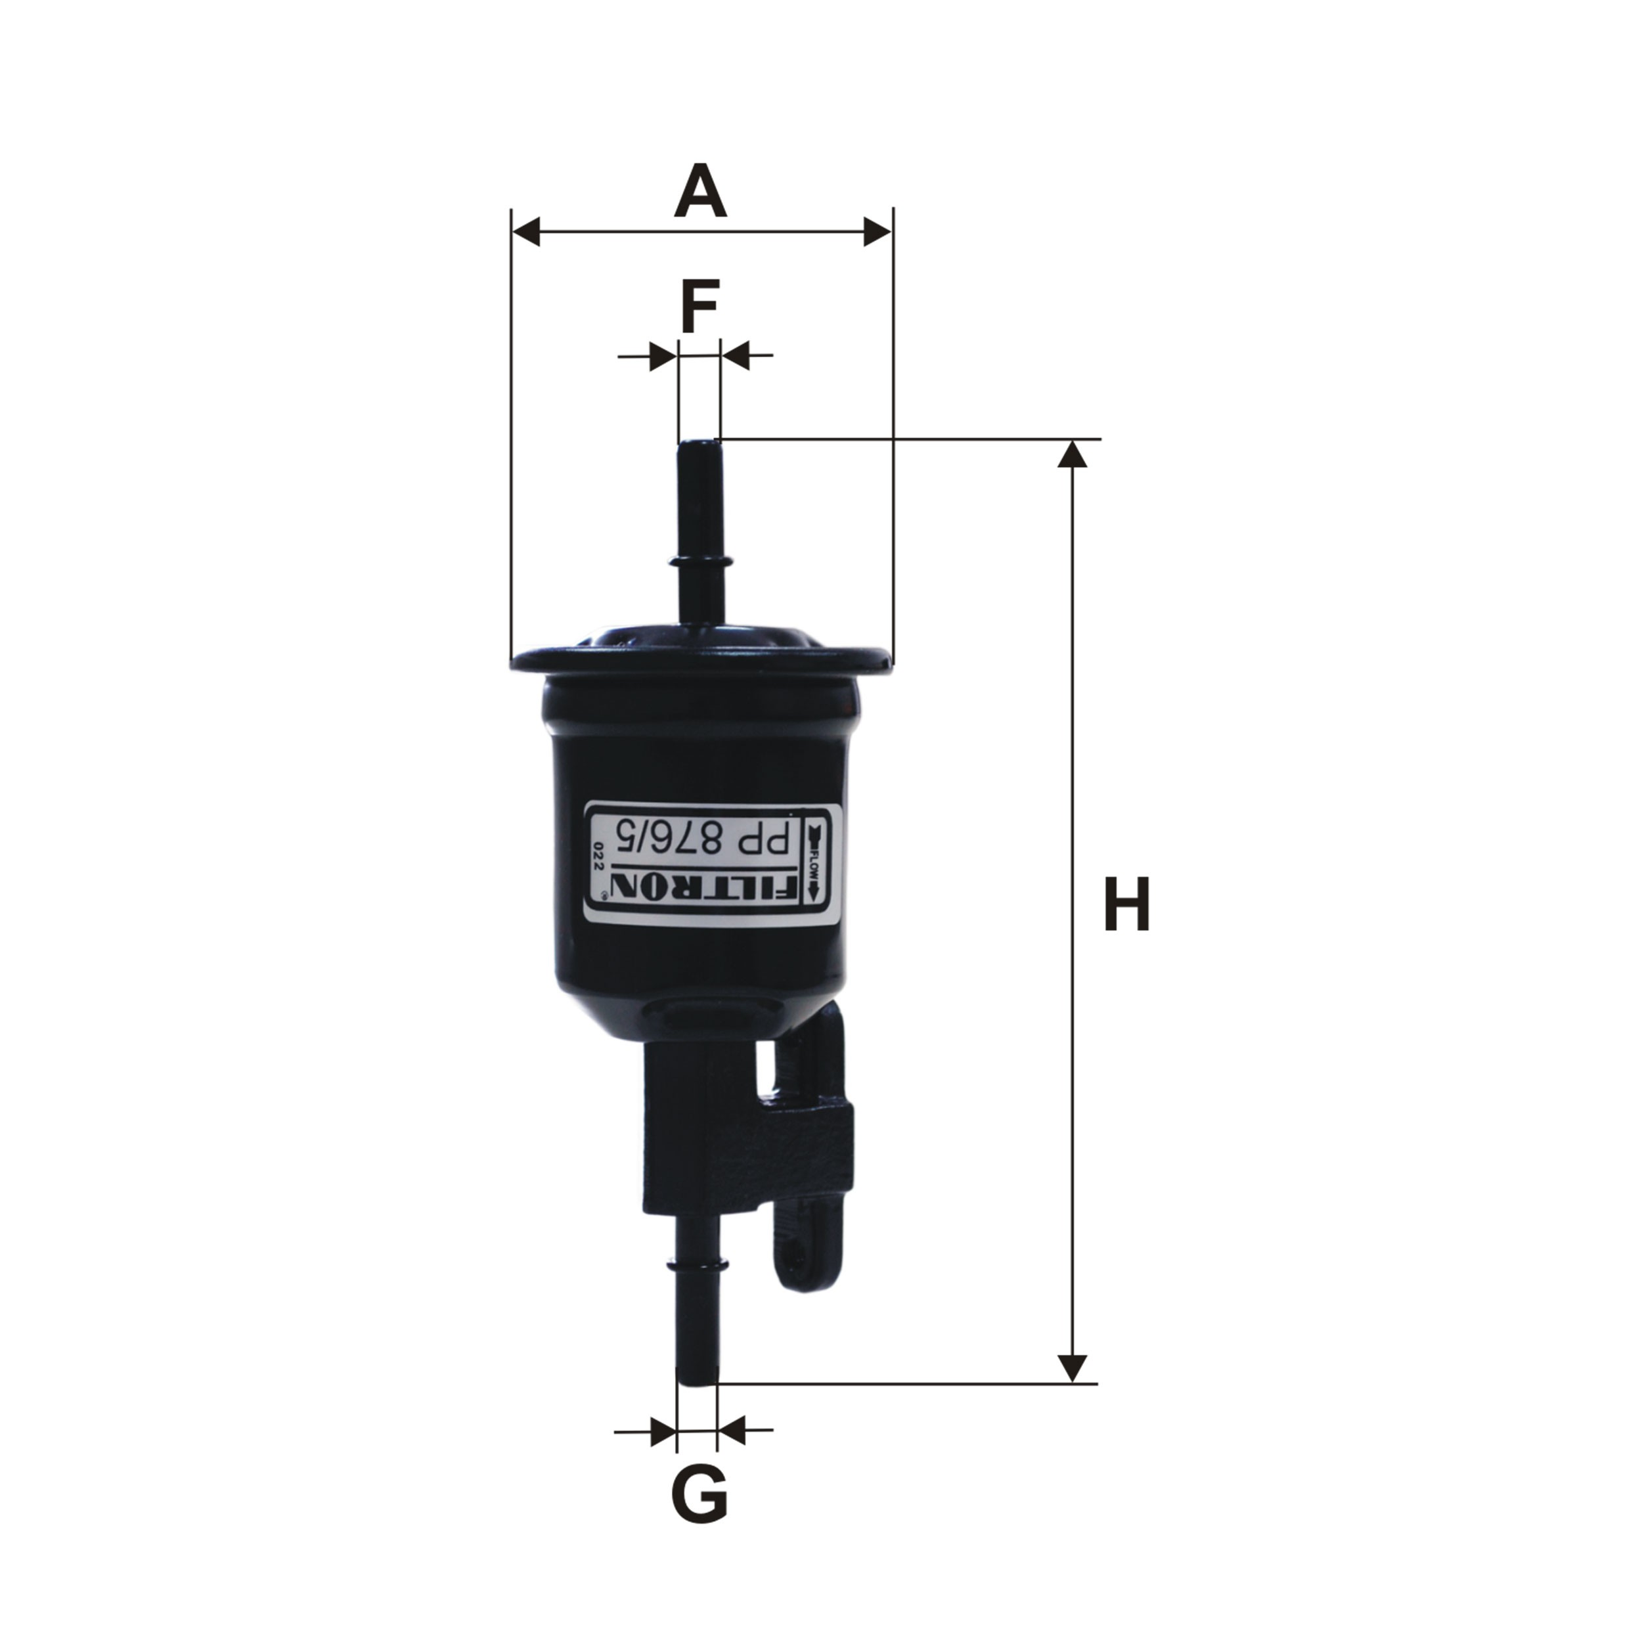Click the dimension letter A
tap(700, 191)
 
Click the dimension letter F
tap(699, 306)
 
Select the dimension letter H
tap(1126, 904)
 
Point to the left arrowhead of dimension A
tap(526, 231)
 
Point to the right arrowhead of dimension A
tap(878, 231)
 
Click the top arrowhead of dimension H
tap(1073, 454)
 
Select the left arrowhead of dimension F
tap(664, 355)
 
